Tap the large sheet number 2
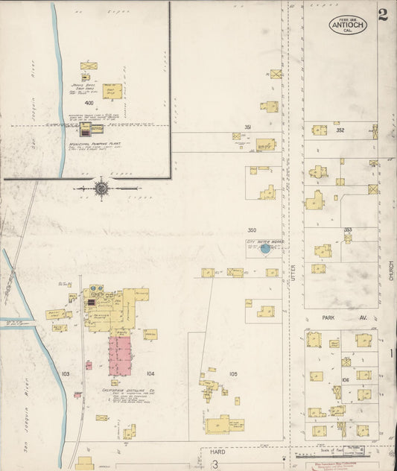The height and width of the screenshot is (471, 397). [382, 16]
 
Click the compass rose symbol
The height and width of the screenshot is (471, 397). [101, 189]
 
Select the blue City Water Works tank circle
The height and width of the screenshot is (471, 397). [265, 249]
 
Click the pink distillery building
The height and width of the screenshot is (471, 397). [120, 354]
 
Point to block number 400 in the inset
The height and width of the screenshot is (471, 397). [89, 101]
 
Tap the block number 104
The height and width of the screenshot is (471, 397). [150, 373]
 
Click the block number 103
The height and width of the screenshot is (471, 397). [66, 372]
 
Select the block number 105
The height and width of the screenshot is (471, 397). [232, 373]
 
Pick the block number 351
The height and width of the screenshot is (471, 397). [247, 127]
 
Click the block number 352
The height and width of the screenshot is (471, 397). [340, 130]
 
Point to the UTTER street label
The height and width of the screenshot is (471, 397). [293, 275]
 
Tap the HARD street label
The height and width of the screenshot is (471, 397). [217, 452]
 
